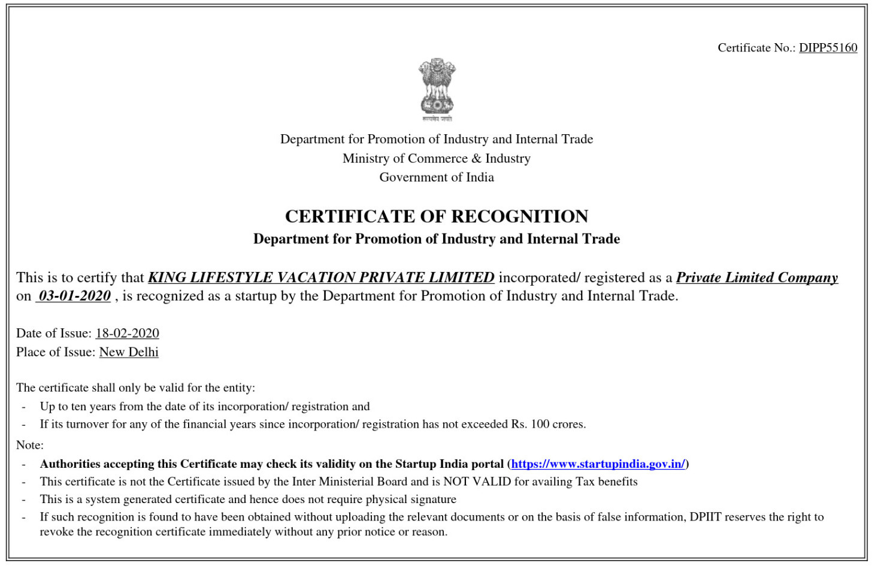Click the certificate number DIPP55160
coord(828,48)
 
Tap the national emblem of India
coord(437,89)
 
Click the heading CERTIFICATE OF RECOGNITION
coord(437,216)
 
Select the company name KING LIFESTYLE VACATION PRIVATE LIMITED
coord(321,277)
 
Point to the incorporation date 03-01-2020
coord(74,296)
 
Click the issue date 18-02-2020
coord(127,333)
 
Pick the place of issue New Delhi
coord(129,352)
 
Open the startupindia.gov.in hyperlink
coord(598,464)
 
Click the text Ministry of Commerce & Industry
coord(437,159)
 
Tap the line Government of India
coord(437,177)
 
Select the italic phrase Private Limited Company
coord(757,277)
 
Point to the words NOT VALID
coord(477,482)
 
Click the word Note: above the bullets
coord(30,445)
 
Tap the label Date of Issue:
coord(54,333)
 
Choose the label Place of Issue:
coord(56,352)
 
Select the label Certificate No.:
coord(756,48)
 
